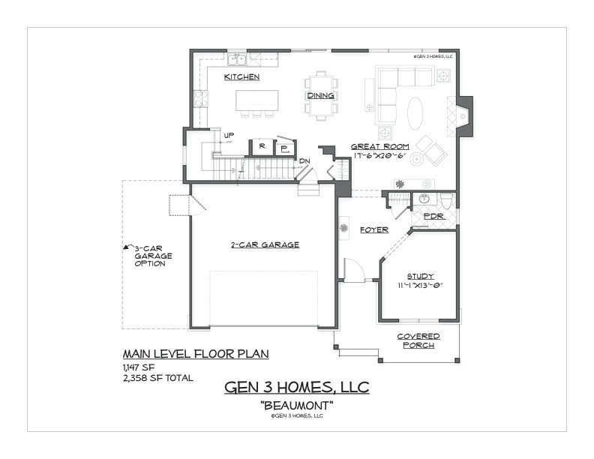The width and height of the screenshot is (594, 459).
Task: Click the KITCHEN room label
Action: click(x=242, y=77)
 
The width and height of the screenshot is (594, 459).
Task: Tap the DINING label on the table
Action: click(x=321, y=96)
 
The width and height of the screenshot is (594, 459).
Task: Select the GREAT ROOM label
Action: click(x=379, y=146)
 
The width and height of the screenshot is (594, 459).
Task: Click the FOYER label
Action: click(x=373, y=229)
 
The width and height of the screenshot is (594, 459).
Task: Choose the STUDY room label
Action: click(x=421, y=276)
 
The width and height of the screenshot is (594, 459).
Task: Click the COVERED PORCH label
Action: click(x=418, y=340)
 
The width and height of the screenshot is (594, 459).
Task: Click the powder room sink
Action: click(x=424, y=199)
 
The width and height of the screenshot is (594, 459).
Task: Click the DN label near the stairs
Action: click(x=304, y=160)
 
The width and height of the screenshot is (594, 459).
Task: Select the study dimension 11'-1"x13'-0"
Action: click(x=421, y=285)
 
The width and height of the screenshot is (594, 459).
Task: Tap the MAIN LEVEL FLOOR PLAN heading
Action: click(x=184, y=353)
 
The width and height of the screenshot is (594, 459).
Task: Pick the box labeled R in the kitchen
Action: click(x=262, y=147)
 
